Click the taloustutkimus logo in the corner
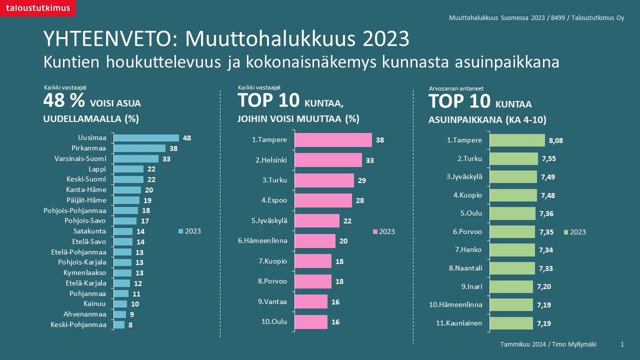point(37,8)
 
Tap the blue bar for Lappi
point(129,169)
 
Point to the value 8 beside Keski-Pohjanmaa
point(131,325)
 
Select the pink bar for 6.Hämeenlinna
point(315,241)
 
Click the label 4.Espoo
point(274,201)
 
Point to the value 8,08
point(556,141)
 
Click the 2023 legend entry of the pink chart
point(384,231)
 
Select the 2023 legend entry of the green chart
point(575,231)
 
